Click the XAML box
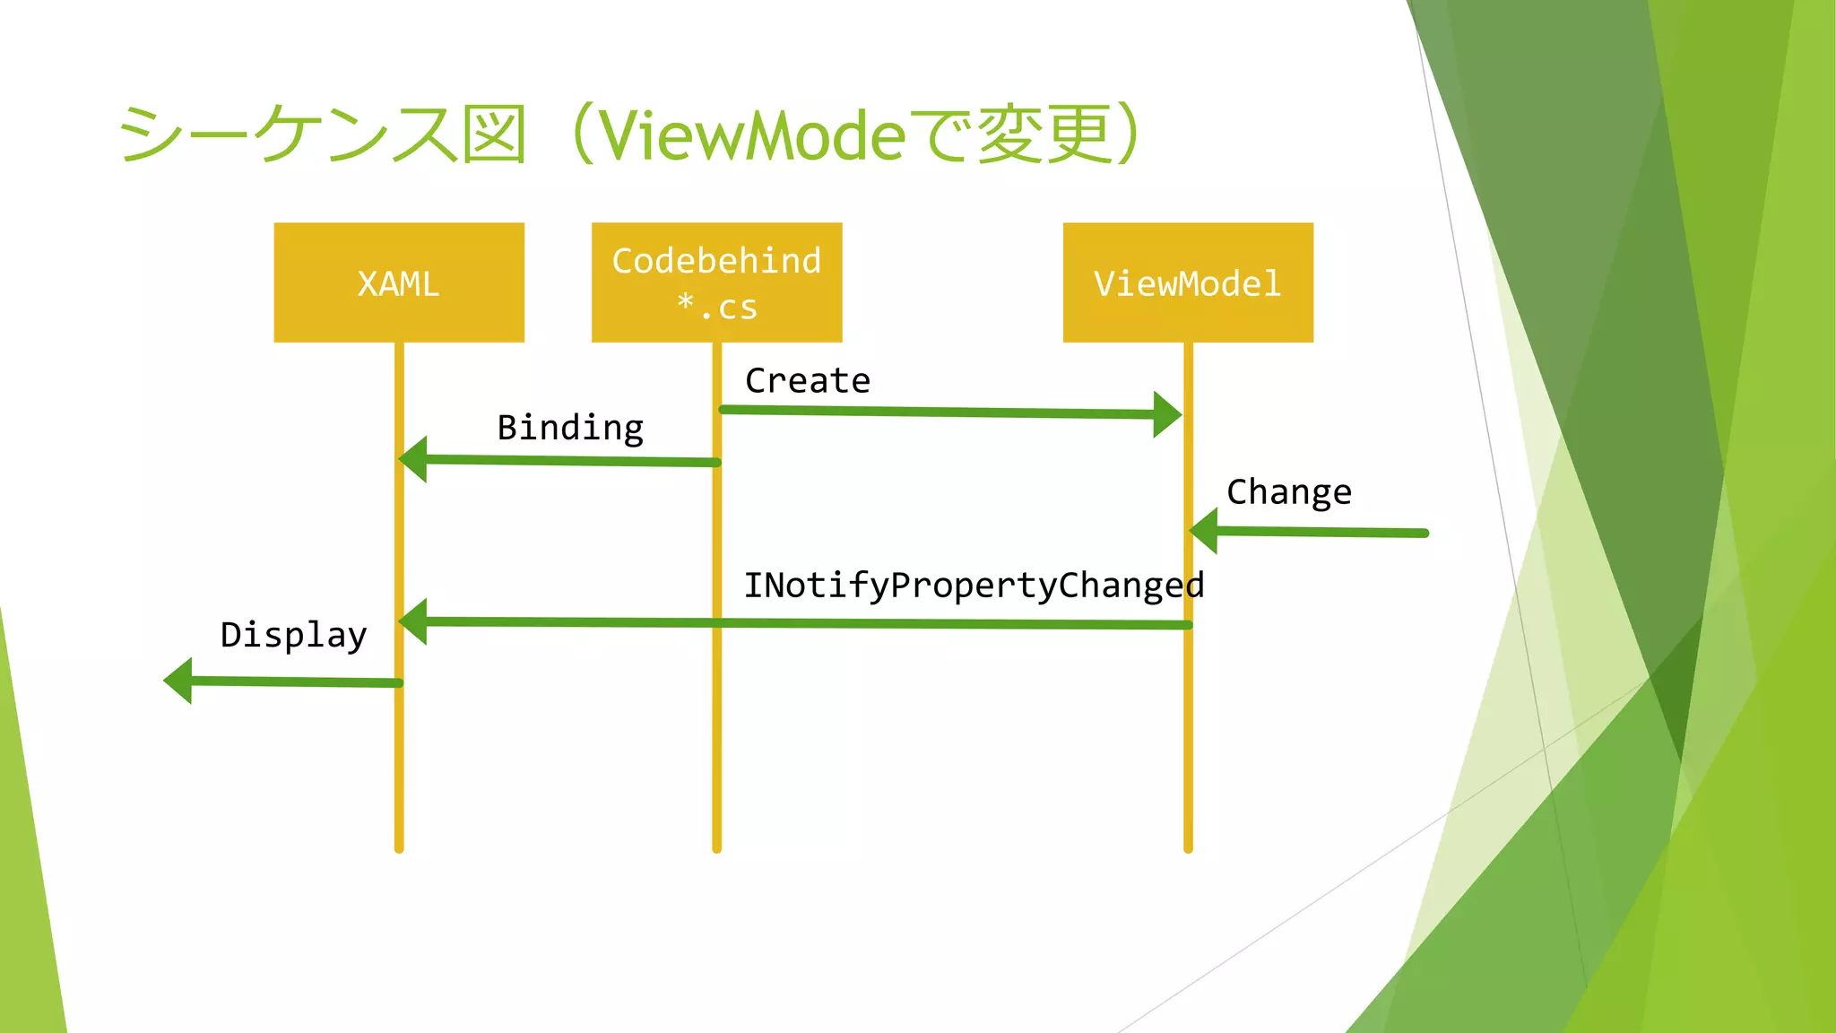(x=399, y=282)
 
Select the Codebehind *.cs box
(x=716, y=282)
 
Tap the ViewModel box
(x=1188, y=282)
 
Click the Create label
(x=808, y=381)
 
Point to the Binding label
(x=570, y=428)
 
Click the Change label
(x=1288, y=492)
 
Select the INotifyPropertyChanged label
(x=974, y=586)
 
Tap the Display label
(x=293, y=635)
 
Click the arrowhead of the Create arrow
(x=1167, y=414)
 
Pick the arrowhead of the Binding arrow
(x=413, y=459)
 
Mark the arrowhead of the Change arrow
(x=1204, y=531)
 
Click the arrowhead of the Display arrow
(x=178, y=681)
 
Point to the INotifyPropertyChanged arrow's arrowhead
(x=413, y=621)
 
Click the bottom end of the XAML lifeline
(x=399, y=847)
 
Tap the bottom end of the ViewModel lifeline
(x=1188, y=847)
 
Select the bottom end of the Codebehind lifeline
(x=716, y=847)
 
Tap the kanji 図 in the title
(x=493, y=135)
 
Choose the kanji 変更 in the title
(x=1044, y=135)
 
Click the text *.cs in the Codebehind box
(x=716, y=307)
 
